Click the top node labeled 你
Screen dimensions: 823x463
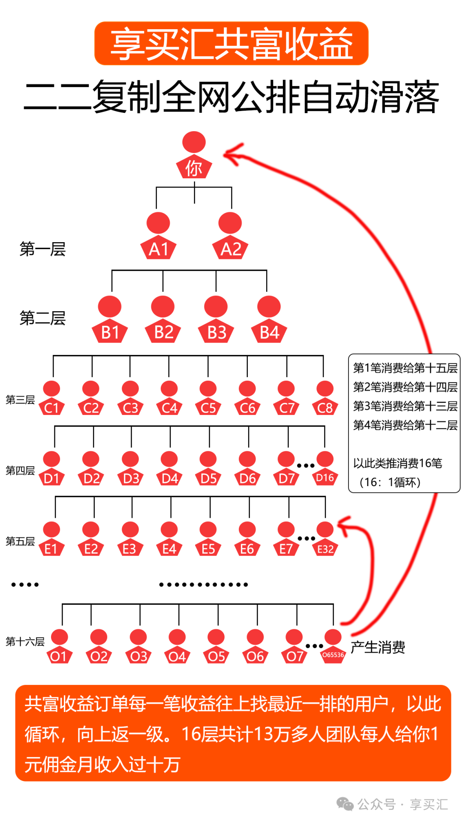[194, 155]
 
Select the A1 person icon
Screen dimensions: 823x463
[158, 236]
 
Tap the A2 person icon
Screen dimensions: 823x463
[230, 236]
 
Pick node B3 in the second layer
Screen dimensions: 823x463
[216, 320]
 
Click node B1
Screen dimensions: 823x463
[110, 320]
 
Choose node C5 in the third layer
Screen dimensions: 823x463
[208, 398]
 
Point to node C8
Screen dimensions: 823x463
[325, 398]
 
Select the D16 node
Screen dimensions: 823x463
[325, 469]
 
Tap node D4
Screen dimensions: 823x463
[169, 469]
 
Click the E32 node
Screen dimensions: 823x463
[325, 539]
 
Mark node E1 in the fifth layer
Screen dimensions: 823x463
[51, 539]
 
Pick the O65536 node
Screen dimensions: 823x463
[333, 647]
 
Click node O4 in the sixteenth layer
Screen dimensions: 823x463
[177, 647]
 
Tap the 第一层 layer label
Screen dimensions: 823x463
[42, 249]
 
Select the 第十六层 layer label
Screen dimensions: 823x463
[25, 642]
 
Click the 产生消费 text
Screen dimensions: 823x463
[378, 647]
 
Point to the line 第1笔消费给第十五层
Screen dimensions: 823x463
[405, 368]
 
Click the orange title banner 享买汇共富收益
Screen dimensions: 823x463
[231, 44]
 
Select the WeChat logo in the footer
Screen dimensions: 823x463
[345, 804]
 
